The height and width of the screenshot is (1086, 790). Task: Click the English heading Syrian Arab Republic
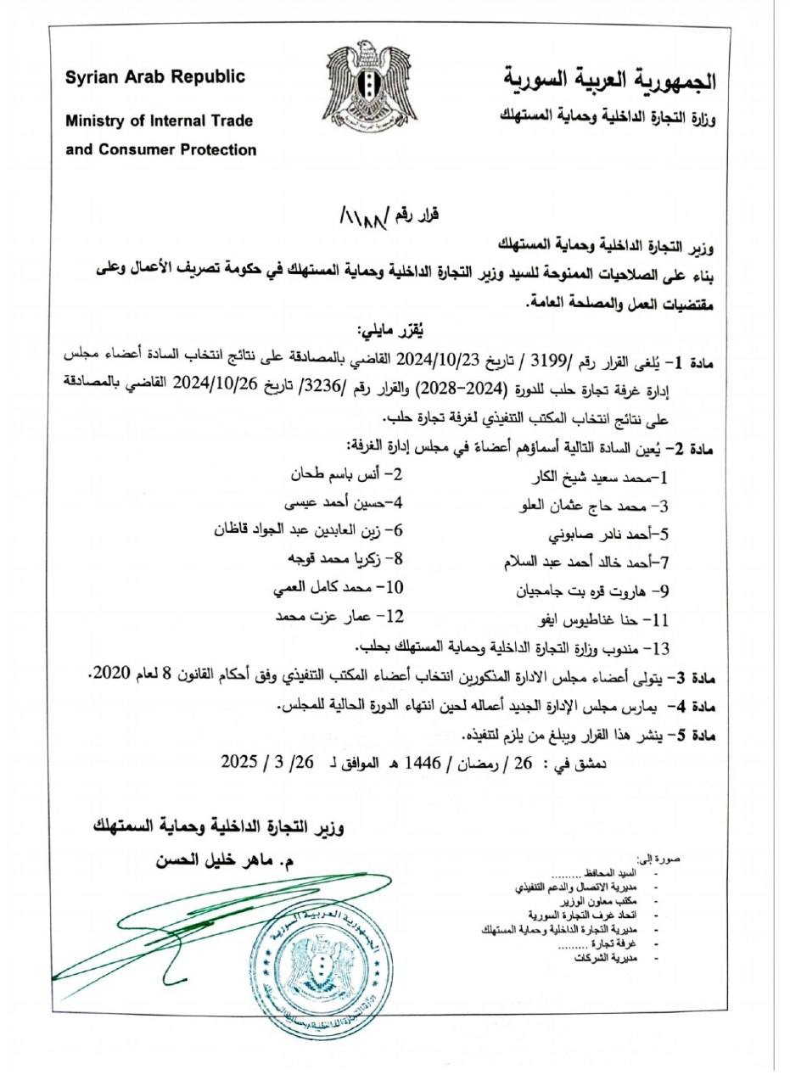[x=156, y=77]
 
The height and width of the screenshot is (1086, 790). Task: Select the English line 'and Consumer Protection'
[x=161, y=150]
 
